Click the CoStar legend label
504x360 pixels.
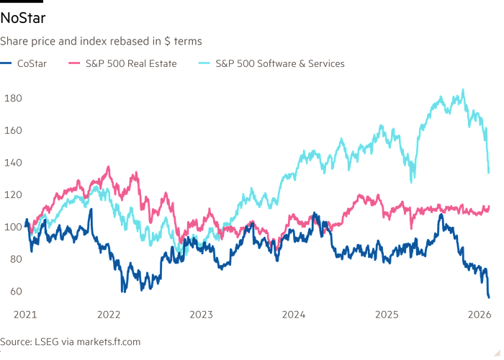(33, 63)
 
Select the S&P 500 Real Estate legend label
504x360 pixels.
(128, 63)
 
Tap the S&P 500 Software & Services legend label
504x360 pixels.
(280, 63)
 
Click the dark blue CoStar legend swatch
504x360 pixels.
(7, 63)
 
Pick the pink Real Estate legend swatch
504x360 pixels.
(72, 63)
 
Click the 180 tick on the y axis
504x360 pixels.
(14, 98)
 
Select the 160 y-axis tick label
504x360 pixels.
(14, 130)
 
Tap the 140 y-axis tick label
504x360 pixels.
(14, 163)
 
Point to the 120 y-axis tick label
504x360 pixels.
(14, 195)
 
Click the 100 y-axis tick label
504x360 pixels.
(14, 228)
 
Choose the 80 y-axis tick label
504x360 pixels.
(14, 260)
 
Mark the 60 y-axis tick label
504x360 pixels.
(14, 292)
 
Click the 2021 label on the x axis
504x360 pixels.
(25, 315)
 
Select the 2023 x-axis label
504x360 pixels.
(201, 315)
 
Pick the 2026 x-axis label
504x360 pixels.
(479, 315)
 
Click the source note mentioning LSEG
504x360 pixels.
(71, 341)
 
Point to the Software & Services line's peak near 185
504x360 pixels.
(462, 90)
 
